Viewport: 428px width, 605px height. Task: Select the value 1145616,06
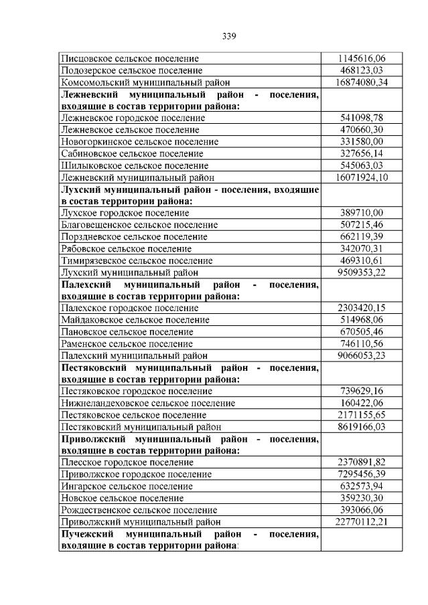[x=361, y=58]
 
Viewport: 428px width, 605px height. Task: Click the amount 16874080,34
[x=361, y=82]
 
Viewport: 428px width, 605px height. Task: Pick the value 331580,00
[x=361, y=141]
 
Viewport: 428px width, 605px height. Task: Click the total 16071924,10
[x=361, y=177]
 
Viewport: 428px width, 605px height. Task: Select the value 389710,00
[x=361, y=213]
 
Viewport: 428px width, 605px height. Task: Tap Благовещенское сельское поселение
[x=139, y=225]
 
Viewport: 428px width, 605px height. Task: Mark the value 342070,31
[x=361, y=248]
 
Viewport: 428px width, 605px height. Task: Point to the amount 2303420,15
[x=361, y=308]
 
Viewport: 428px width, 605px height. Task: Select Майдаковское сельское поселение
[x=135, y=320]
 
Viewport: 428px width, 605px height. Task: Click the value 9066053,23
[x=361, y=355]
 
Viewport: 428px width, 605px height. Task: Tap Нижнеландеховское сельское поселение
[x=148, y=403]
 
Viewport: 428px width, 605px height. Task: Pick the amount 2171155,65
[x=361, y=415]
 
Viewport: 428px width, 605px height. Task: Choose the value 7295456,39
[x=361, y=474]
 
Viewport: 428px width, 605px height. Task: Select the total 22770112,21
[x=361, y=521]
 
